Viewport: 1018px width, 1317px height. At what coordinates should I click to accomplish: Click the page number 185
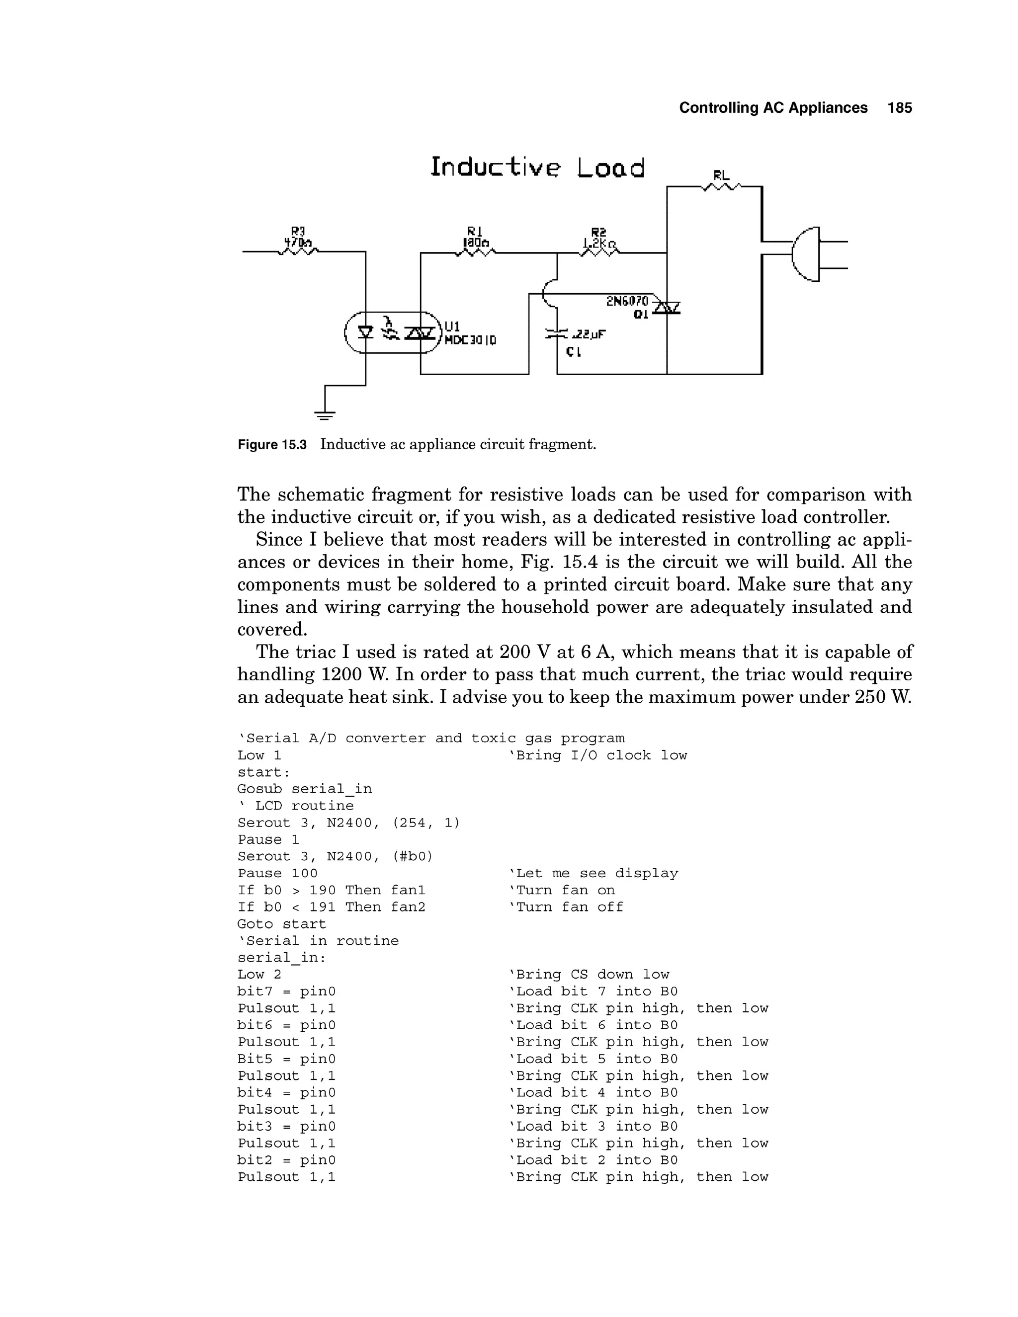[x=899, y=108]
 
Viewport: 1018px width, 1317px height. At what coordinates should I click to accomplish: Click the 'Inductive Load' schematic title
[x=537, y=167]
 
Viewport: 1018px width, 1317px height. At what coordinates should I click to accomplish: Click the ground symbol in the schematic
[x=325, y=414]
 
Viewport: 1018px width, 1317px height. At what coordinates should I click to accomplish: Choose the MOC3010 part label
[x=470, y=341]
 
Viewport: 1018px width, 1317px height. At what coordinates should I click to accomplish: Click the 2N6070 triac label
[x=627, y=301]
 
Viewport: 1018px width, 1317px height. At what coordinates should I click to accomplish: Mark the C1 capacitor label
[x=574, y=351]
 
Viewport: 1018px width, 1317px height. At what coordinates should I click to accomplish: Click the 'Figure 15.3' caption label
[x=272, y=445]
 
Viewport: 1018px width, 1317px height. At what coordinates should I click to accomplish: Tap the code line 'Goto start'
[x=282, y=924]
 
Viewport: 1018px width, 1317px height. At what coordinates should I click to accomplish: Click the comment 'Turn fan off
[x=566, y=907]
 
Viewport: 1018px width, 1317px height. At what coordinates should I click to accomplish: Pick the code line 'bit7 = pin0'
[x=286, y=991]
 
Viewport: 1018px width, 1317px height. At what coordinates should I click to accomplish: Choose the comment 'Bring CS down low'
[x=589, y=975]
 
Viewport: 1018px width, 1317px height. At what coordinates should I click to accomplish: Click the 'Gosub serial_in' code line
[x=305, y=789]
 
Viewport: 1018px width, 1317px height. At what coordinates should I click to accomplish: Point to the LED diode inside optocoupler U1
[x=365, y=331]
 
